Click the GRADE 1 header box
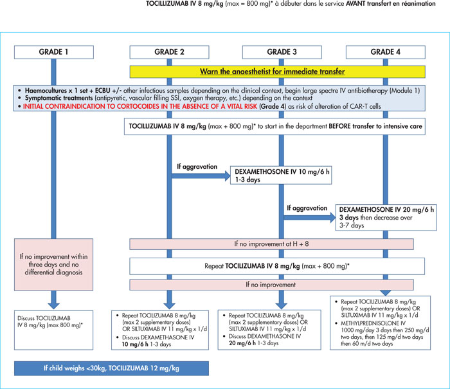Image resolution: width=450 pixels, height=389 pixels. point(54,52)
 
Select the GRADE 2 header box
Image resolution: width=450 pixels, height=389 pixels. point(169,52)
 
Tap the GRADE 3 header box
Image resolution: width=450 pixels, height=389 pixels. point(282,52)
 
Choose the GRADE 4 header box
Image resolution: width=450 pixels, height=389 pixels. point(386,52)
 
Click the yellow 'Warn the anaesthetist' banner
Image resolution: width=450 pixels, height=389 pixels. point(278,71)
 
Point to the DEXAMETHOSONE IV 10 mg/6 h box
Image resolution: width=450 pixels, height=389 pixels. point(281,175)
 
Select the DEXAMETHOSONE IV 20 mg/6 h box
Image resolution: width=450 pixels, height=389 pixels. point(386,217)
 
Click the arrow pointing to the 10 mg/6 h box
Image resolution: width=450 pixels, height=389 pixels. point(201,176)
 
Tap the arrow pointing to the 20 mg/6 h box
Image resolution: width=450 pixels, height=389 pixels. point(310,218)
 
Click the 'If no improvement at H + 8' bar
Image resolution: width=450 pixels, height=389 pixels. point(271,244)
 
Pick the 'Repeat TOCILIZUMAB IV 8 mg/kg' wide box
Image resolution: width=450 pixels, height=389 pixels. point(277,266)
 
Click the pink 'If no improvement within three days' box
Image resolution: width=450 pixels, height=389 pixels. point(53,265)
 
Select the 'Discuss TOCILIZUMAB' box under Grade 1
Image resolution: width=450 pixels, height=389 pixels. point(53,330)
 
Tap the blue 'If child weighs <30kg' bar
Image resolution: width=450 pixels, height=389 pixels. point(111,368)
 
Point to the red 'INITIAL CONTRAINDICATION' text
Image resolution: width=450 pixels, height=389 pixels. point(140,106)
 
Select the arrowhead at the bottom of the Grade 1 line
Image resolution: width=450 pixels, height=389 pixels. point(53,305)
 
